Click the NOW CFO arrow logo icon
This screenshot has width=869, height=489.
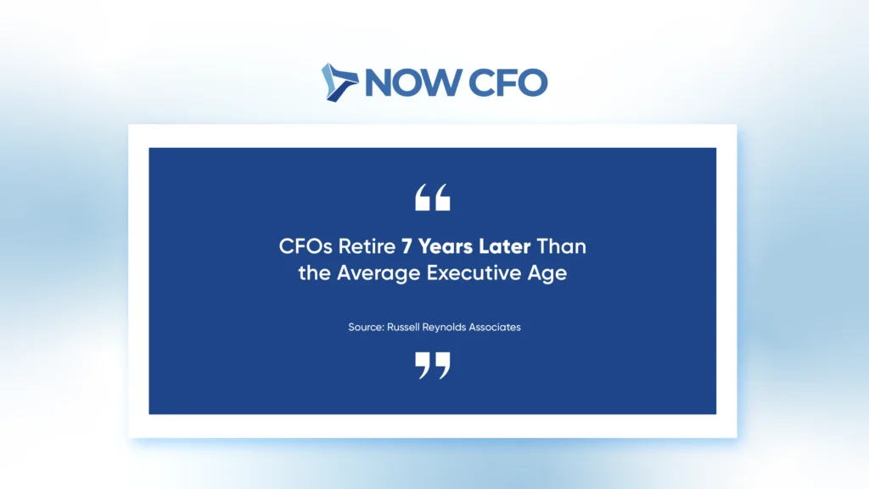(339, 82)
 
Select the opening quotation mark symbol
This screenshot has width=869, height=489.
(433, 197)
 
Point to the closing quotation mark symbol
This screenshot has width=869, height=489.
(433, 365)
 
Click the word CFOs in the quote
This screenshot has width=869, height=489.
(306, 246)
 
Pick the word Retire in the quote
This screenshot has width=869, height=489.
(367, 246)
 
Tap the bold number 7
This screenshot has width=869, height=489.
(406, 246)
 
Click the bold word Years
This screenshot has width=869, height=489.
(445, 246)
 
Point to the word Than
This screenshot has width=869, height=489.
(562, 246)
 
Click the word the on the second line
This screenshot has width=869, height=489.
(314, 273)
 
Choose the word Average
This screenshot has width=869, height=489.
(378, 273)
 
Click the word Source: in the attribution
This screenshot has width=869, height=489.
(366, 327)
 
